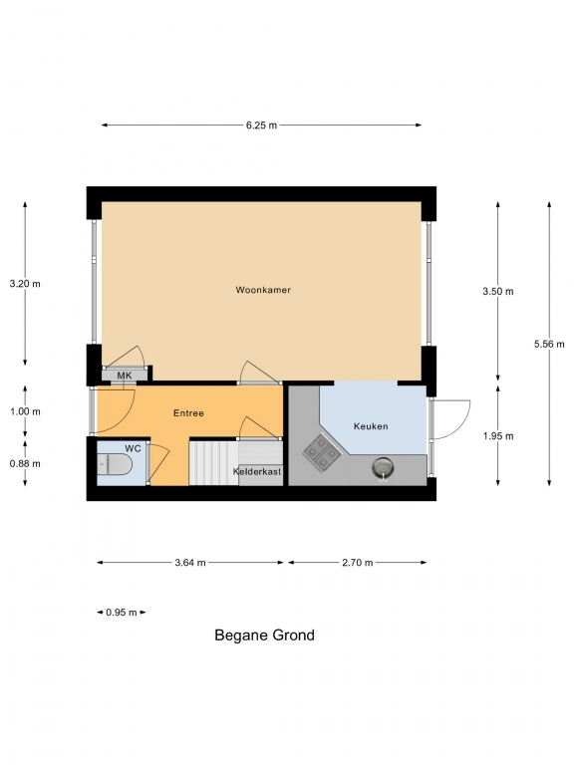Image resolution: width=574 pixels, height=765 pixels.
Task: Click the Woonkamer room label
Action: point(263,290)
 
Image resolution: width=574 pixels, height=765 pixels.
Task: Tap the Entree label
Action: point(188,413)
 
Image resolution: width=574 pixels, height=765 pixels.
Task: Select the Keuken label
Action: point(371,426)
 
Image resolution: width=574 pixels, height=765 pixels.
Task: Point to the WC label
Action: point(133,448)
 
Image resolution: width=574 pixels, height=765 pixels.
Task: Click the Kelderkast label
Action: point(257,472)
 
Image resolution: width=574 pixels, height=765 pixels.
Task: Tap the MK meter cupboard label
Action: point(125,376)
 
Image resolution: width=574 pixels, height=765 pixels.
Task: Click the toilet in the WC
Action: point(114,464)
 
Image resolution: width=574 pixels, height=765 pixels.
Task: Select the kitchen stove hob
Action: point(322,453)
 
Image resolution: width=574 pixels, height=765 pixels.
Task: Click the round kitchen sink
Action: point(383,468)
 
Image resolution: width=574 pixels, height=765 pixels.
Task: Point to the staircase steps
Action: point(214,463)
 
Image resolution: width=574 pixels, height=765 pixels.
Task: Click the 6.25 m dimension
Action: point(262,126)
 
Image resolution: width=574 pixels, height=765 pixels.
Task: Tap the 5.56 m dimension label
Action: point(549,344)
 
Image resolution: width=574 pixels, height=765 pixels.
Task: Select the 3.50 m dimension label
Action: point(498,292)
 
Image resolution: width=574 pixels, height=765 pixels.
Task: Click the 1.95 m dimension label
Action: point(498,436)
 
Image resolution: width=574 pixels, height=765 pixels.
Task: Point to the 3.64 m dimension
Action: point(190,563)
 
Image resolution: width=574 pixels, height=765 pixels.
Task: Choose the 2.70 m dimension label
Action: point(358,563)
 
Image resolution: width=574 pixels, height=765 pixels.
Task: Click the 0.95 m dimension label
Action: point(122,613)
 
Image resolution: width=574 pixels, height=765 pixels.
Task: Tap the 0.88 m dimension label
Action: point(25,463)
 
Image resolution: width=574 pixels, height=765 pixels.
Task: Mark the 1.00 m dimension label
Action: point(25,411)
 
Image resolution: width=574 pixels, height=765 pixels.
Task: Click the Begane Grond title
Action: point(264,636)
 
